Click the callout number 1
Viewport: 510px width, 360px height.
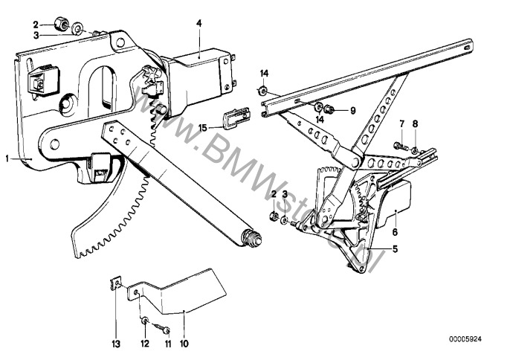pyautogui.click(x=7, y=158)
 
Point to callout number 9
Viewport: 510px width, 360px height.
pyautogui.click(x=353, y=111)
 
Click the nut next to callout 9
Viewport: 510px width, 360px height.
pyautogui.click(x=332, y=111)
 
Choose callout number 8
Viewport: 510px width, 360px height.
pyautogui.click(x=416, y=123)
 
